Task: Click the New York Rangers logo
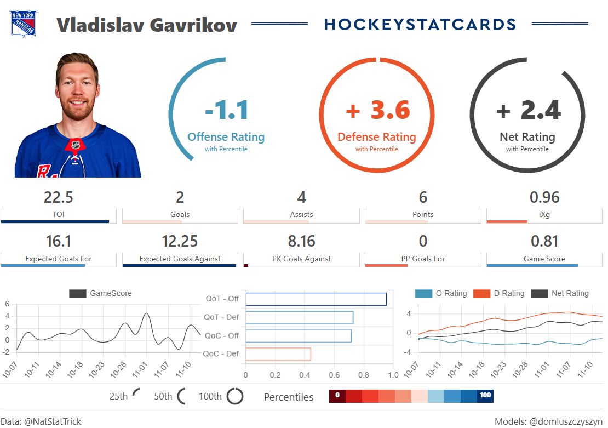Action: tap(23, 24)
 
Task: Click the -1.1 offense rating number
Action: tap(227, 110)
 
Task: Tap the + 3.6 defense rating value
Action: tap(378, 110)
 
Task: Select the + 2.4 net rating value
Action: tap(528, 110)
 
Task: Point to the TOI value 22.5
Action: tap(59, 197)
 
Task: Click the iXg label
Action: tap(544, 215)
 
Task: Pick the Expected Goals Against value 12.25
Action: tap(180, 242)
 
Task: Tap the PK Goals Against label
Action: tap(301, 259)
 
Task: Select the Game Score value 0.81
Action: tap(544, 242)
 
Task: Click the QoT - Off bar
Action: tap(316, 299)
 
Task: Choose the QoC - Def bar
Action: tap(278, 354)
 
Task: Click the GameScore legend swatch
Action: tap(78, 294)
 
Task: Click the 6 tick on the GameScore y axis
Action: tap(7, 304)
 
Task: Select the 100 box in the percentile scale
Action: tap(485, 396)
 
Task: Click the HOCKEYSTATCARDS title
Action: tap(420, 25)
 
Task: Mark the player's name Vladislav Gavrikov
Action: tap(147, 25)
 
